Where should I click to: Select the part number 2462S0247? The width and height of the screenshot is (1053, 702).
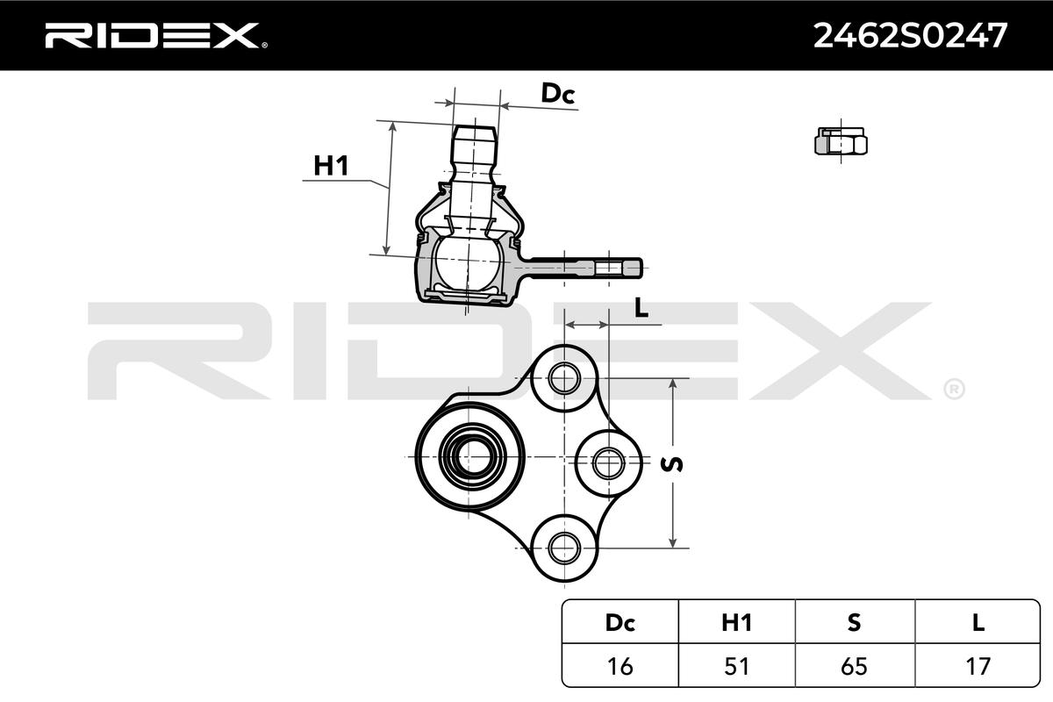[910, 35]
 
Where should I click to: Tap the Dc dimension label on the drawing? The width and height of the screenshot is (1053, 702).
[557, 94]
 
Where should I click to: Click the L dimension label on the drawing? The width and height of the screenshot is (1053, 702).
[641, 307]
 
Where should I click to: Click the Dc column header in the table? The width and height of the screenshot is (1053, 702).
[620, 622]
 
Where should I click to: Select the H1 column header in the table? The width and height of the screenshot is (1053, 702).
[737, 622]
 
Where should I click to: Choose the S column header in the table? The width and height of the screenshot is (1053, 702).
[855, 622]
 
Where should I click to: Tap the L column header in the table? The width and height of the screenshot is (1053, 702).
[978, 622]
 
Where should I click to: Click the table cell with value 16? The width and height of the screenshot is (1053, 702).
[620, 666]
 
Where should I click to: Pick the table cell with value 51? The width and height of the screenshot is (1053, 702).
[737, 666]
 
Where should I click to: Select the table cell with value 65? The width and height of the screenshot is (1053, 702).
[855, 666]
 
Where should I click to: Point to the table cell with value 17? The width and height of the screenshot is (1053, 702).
[978, 666]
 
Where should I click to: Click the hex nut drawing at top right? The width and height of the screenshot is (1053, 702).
[841, 141]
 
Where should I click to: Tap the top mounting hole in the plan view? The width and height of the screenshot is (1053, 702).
[564, 379]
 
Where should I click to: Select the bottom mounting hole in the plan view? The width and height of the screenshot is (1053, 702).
[564, 548]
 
